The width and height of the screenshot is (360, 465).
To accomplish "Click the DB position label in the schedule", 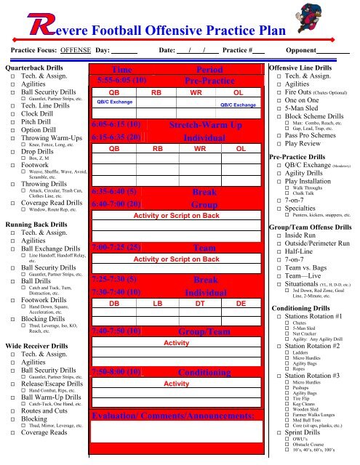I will click(x=114, y=302).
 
